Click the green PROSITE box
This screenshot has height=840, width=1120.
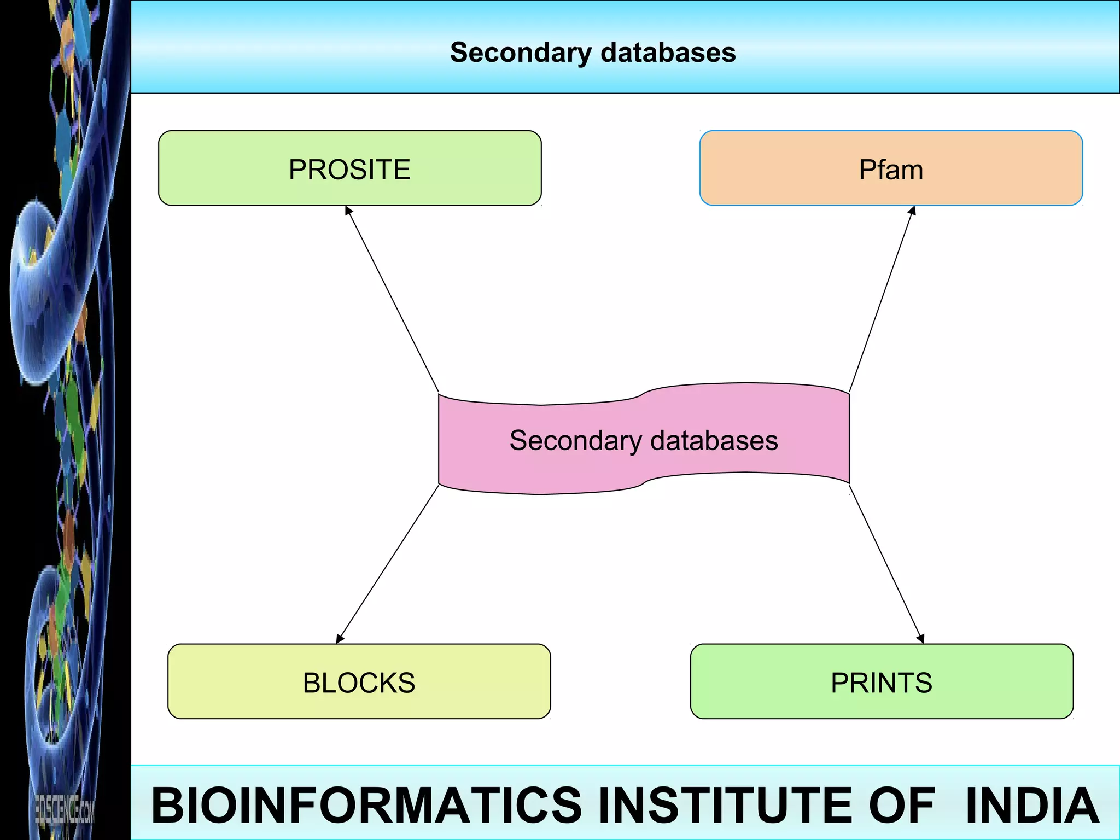350,168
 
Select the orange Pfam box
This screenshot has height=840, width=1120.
891,168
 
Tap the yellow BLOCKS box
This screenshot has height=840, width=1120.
359,681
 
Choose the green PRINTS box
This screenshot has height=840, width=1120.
882,681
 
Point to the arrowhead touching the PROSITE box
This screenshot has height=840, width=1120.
348,211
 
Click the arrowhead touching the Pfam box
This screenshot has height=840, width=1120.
912,211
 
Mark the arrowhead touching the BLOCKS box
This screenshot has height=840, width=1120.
340,639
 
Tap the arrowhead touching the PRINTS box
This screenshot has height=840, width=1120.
921,639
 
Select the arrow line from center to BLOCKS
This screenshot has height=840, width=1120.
388,563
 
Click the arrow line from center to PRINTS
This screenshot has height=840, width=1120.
886,563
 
